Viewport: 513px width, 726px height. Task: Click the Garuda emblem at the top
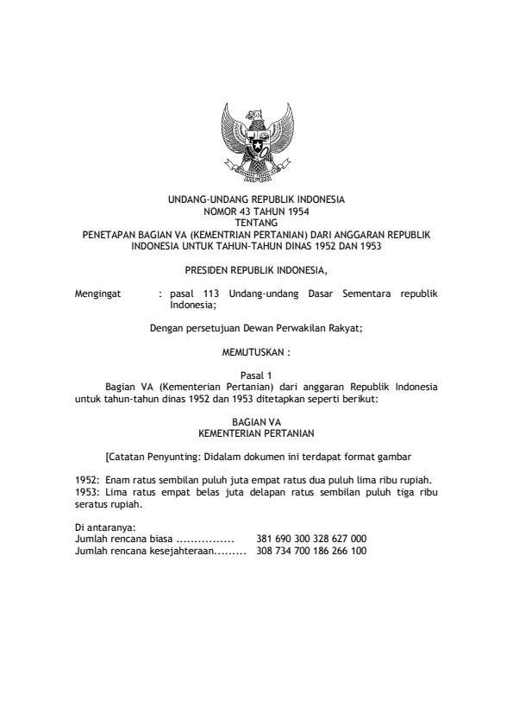tap(256, 143)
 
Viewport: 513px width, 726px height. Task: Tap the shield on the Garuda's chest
tap(256, 140)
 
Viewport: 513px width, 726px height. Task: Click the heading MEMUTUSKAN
tap(256, 353)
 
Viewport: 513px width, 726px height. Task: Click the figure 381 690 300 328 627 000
tap(311, 538)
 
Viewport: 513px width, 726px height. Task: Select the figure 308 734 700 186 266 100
tap(311, 549)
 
